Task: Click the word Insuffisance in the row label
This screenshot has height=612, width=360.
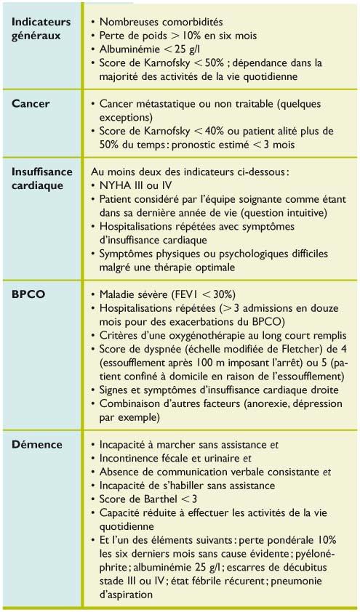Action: click(x=43, y=172)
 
